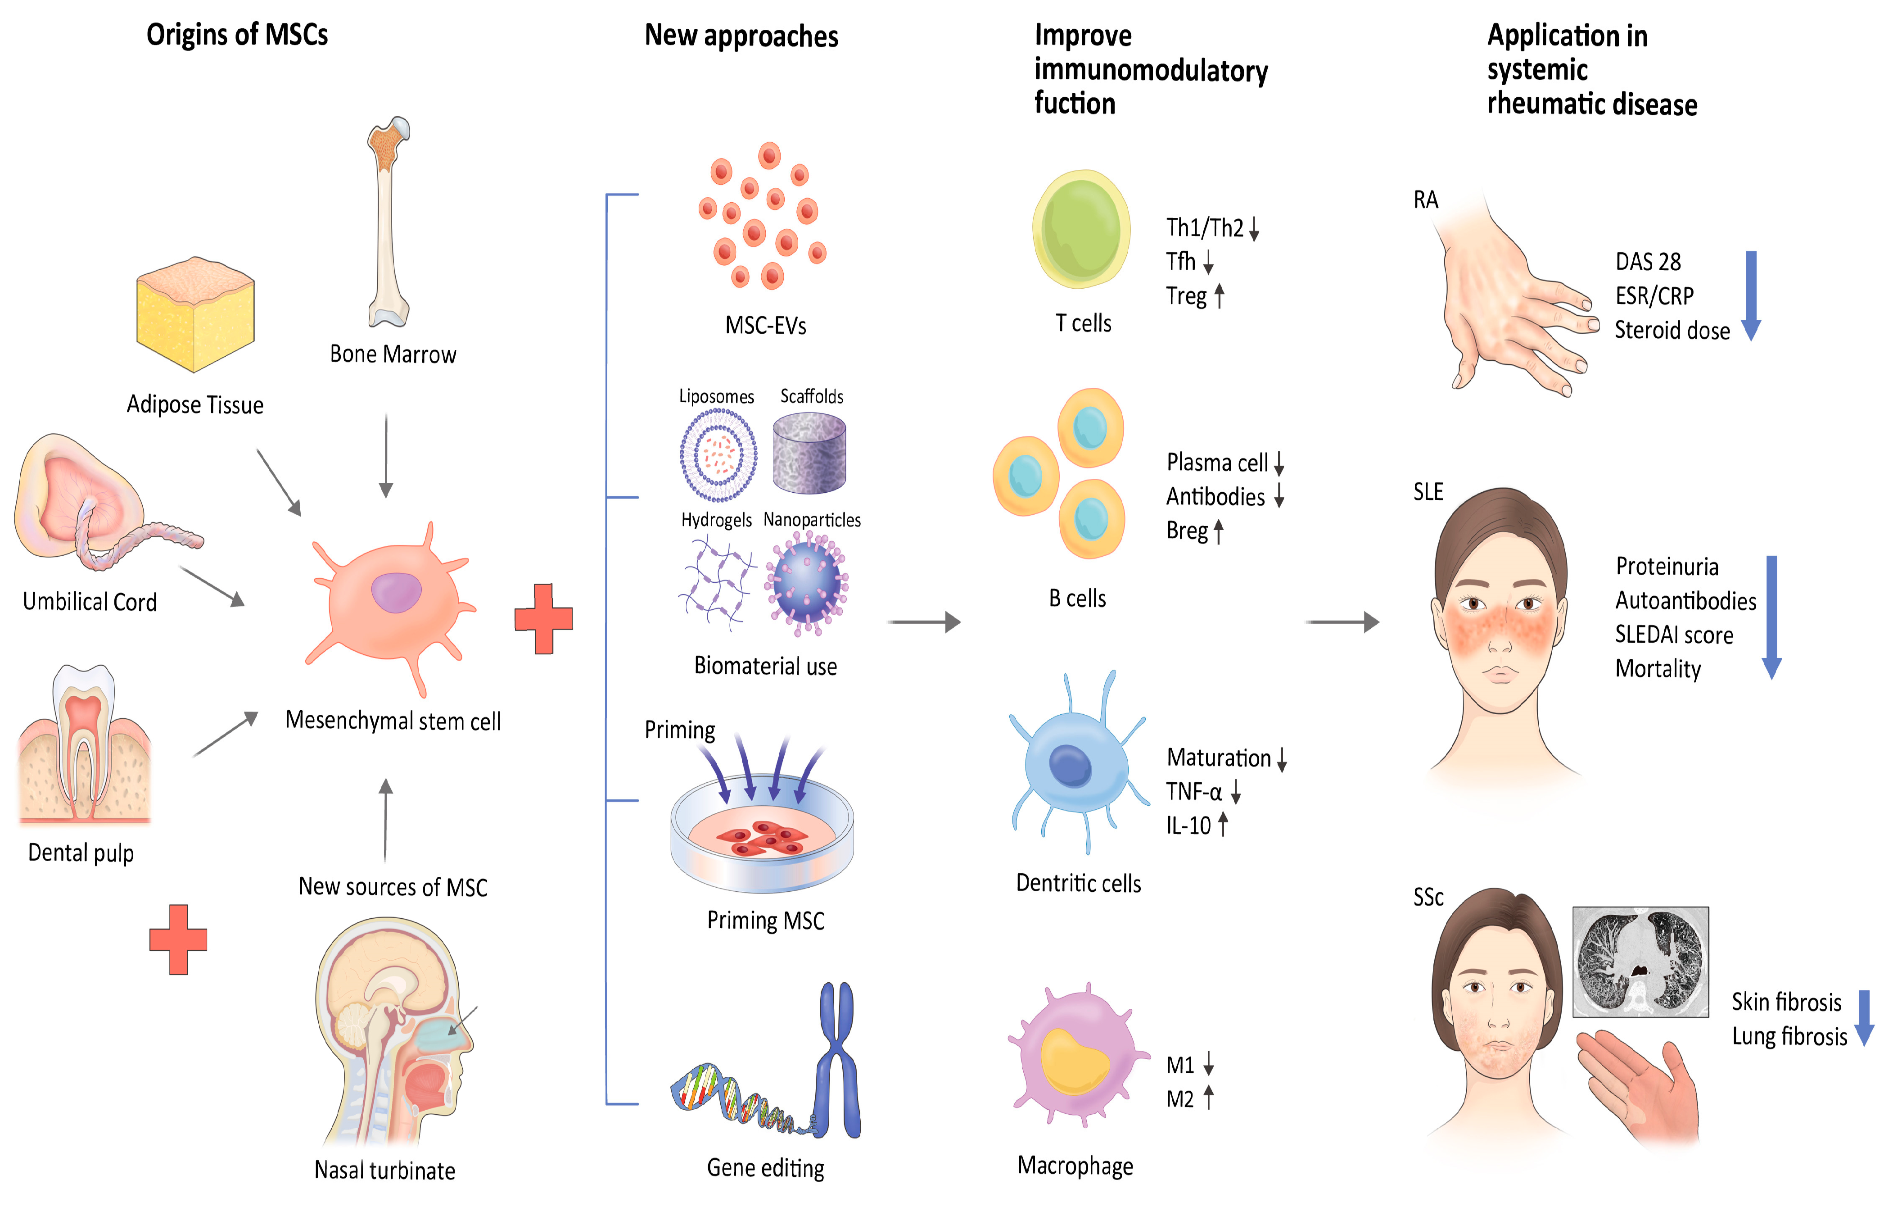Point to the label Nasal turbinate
(x=384, y=1170)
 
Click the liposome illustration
(x=718, y=454)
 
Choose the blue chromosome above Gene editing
(x=837, y=1058)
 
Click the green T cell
(x=1081, y=229)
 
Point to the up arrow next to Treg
(x=1219, y=295)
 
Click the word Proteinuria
(x=1667, y=566)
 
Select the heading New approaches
(x=741, y=36)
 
